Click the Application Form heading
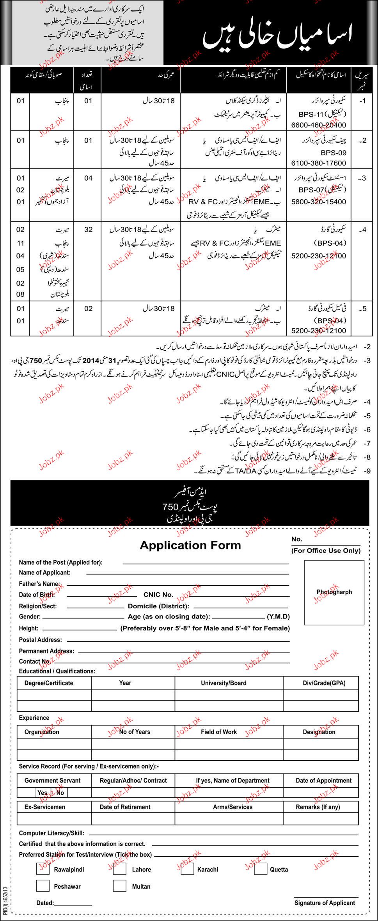[190, 546]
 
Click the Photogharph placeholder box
[334, 592]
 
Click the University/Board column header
[224, 683]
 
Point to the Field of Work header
[219, 732]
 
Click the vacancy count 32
[89, 230]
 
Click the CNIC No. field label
[158, 595]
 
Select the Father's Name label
[39, 584]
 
